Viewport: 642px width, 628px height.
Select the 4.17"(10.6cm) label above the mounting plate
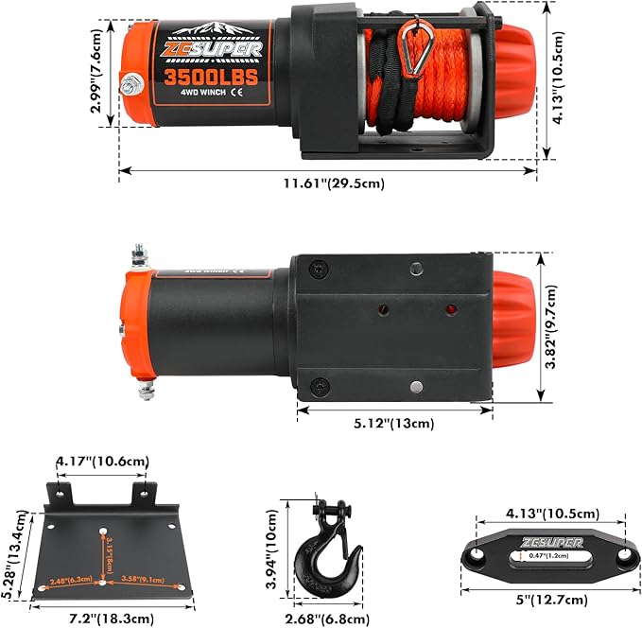tap(102, 462)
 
